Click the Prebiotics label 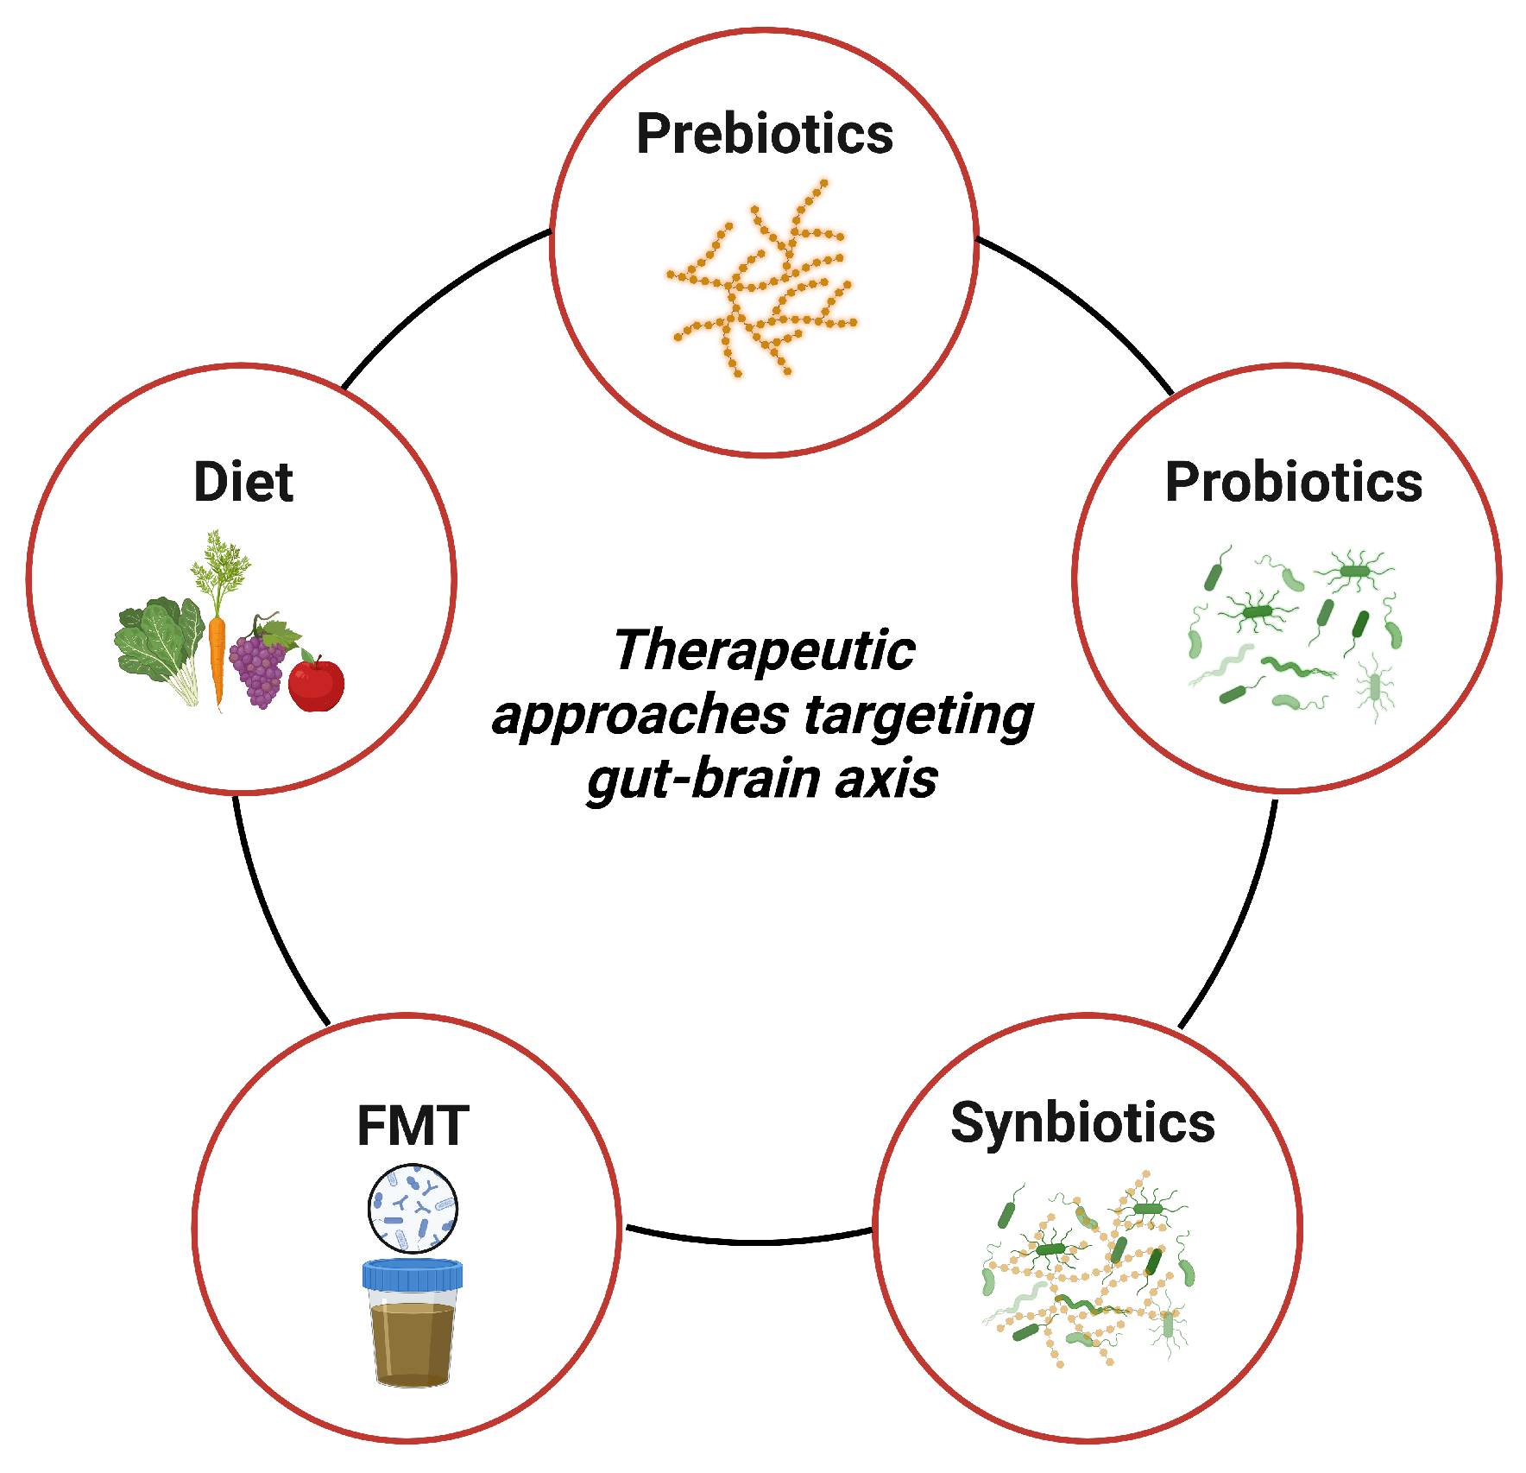point(764,135)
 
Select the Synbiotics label point(1082,1123)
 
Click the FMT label point(413,1126)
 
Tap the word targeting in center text point(918,717)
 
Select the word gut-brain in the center point(703,779)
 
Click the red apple point(316,684)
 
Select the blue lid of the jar point(413,1274)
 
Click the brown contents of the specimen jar point(413,1343)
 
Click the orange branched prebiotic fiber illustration point(760,281)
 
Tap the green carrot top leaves point(219,566)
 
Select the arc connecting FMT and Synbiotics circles point(749,1241)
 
